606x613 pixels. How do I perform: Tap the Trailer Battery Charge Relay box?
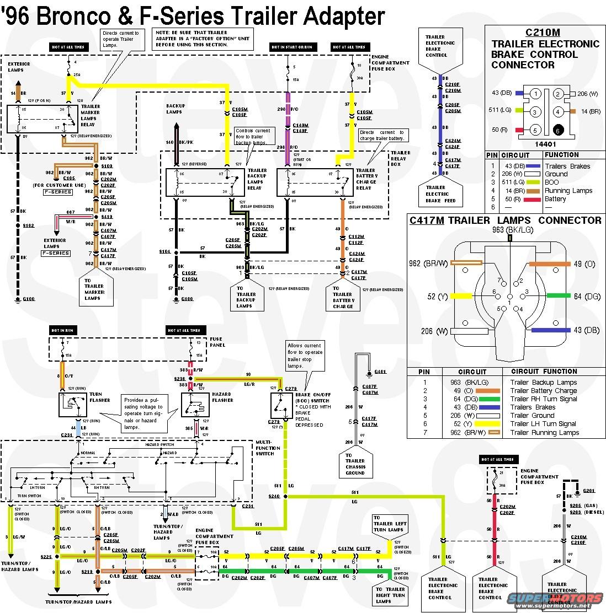(315, 182)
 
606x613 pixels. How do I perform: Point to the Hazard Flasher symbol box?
(195, 405)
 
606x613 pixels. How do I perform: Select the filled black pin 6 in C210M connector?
(558, 131)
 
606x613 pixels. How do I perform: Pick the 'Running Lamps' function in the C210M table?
(568, 191)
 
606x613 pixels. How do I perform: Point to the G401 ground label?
(380, 372)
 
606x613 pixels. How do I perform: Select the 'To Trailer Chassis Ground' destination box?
(355, 464)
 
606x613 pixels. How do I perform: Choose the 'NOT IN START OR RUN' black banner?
(293, 47)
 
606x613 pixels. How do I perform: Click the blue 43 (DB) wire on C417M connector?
(551, 330)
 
